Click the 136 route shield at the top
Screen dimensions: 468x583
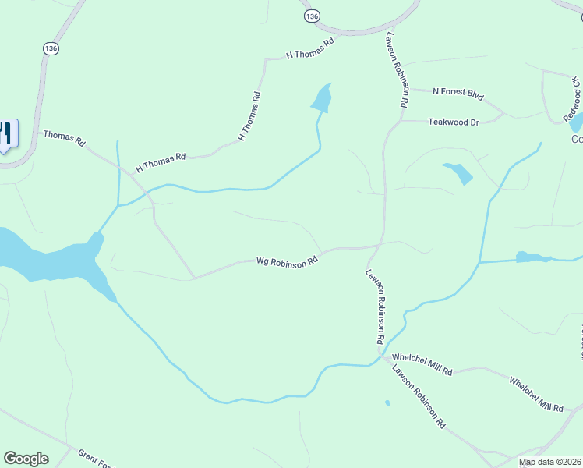pyautogui.click(x=312, y=16)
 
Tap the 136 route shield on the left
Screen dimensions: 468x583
pyautogui.click(x=51, y=48)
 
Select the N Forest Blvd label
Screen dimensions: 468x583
pyautogui.click(x=458, y=94)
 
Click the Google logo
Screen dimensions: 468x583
pyautogui.click(x=26, y=459)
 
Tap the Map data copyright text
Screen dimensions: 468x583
pyautogui.click(x=549, y=463)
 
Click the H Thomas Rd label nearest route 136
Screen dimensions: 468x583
pyautogui.click(x=310, y=48)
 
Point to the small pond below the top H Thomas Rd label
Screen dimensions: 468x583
pyautogui.click(x=321, y=98)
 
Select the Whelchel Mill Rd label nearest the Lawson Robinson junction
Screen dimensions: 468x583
pyautogui.click(x=422, y=367)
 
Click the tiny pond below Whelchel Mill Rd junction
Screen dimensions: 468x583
pyautogui.click(x=387, y=403)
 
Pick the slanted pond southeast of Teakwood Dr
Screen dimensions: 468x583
pyautogui.click(x=458, y=172)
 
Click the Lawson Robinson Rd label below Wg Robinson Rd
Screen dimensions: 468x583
pyautogui.click(x=375, y=307)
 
